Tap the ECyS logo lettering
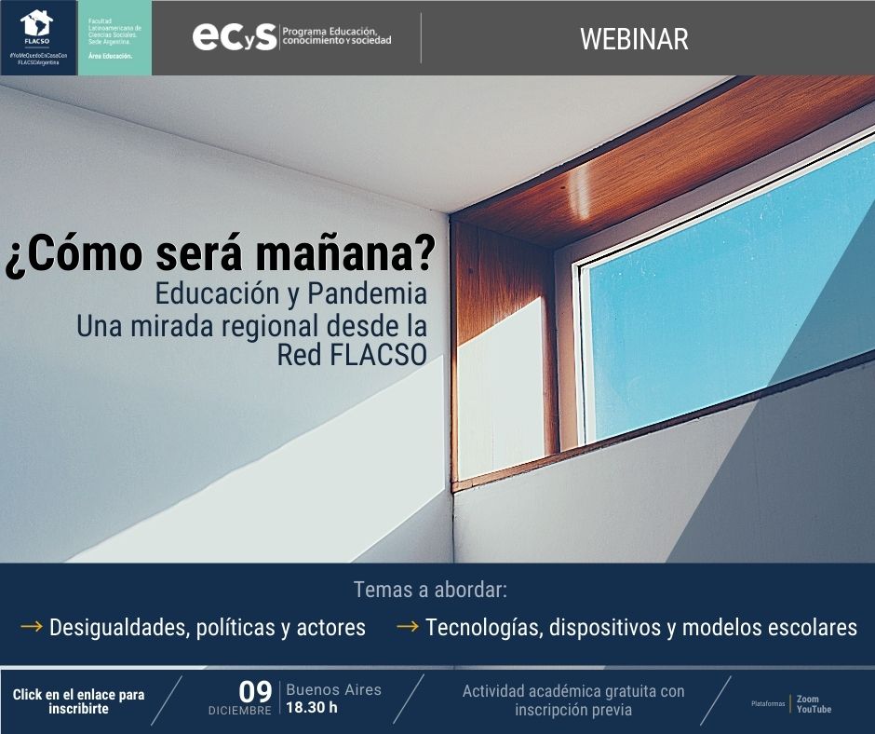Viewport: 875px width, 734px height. point(235,37)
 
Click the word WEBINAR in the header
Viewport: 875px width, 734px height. point(634,39)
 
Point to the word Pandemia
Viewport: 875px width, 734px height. point(367,293)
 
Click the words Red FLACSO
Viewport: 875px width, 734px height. point(352,354)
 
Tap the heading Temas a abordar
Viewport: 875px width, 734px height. point(430,590)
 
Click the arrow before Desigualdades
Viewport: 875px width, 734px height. point(32,626)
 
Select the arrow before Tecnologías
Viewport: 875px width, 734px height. point(408,626)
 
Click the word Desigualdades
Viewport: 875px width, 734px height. point(119,628)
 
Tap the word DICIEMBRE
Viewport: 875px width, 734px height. point(240,711)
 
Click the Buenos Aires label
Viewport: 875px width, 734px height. point(333,690)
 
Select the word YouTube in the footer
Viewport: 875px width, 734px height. point(814,710)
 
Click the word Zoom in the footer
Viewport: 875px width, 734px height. point(807,699)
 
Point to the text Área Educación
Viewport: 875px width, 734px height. point(110,57)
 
